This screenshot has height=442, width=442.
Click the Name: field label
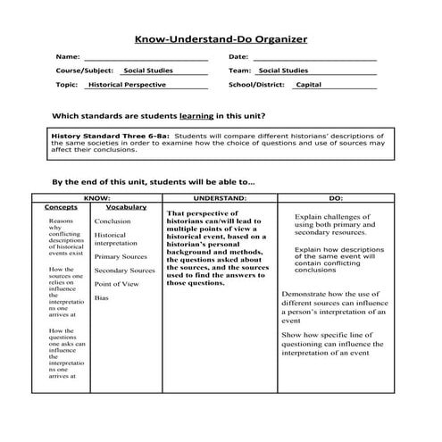click(x=68, y=56)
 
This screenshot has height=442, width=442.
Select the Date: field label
click(x=238, y=56)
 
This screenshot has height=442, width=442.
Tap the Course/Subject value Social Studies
click(x=148, y=70)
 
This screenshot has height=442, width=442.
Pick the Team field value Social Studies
click(x=283, y=70)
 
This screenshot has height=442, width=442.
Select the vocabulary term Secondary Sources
click(x=124, y=270)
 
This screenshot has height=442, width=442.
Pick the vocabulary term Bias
click(x=101, y=297)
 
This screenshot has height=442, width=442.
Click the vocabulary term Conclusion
click(x=112, y=221)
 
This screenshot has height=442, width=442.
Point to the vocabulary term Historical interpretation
click(x=115, y=238)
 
